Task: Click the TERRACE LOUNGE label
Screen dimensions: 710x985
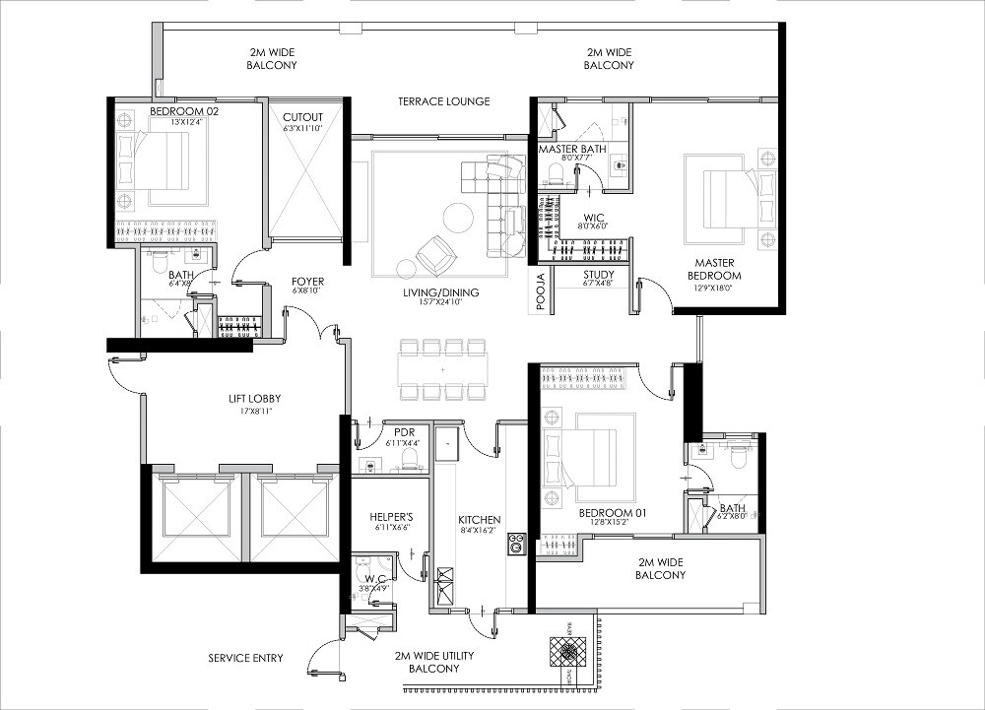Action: [443, 101]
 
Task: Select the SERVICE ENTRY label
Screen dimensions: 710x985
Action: [245, 658]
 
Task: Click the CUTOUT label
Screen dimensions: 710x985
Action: [302, 115]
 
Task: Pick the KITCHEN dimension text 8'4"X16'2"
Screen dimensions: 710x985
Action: [480, 532]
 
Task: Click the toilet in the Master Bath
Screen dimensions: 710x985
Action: [555, 174]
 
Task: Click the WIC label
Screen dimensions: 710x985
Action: [593, 216]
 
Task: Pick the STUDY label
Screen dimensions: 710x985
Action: [598, 275]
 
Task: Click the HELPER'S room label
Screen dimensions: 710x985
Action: [390, 517]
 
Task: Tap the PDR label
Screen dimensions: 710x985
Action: [403, 431]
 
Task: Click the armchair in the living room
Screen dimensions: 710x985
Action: [434, 257]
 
